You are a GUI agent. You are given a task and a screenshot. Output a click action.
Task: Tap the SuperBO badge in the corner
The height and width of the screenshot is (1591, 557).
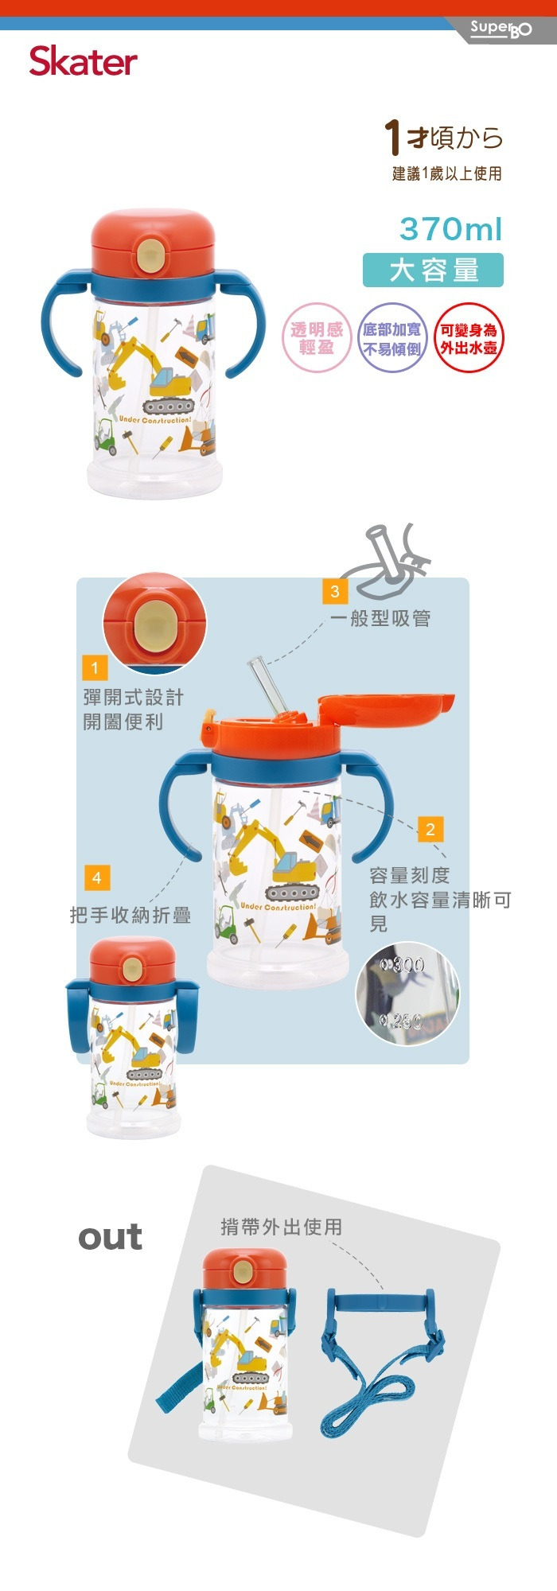501,29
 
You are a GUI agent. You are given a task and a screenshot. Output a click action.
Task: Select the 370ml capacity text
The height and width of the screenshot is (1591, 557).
450,229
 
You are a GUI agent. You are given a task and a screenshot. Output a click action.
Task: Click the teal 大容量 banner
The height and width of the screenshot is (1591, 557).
433,270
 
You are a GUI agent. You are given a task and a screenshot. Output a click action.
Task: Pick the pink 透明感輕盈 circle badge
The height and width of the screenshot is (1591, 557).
317,338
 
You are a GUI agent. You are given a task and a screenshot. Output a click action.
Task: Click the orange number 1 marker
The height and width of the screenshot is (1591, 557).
95,668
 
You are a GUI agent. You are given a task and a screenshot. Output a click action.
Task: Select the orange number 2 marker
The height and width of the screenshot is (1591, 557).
430,830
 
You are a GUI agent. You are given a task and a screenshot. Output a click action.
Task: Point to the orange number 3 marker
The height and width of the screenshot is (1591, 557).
335,591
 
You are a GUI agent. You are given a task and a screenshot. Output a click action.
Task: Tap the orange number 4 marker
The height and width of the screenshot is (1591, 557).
96,878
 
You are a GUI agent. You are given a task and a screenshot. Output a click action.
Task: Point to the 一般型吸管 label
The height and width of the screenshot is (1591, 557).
380,618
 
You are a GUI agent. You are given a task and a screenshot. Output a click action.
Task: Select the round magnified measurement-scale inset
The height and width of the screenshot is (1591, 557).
407,992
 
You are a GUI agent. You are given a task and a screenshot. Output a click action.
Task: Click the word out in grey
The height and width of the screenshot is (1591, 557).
110,1237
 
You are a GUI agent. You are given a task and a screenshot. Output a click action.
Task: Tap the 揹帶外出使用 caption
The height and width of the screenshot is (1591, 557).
282,1227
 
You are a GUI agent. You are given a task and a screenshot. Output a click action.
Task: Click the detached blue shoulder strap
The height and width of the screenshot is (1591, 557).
382,1364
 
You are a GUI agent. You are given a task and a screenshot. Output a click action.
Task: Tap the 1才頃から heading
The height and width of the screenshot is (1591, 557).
444,138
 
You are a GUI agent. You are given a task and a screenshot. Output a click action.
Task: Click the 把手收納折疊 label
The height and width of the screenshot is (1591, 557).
130,916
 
